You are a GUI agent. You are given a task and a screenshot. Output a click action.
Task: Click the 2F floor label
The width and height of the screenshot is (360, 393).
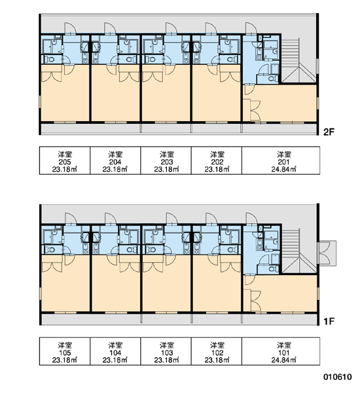(329, 132)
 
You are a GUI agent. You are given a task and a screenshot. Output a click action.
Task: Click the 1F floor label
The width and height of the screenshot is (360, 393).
(329, 321)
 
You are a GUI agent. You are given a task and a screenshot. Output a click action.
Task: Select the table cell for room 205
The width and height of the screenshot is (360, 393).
(65, 160)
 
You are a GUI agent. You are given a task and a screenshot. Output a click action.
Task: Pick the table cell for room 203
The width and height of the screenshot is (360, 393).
(166, 160)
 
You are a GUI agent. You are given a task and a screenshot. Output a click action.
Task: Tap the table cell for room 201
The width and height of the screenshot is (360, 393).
(281, 160)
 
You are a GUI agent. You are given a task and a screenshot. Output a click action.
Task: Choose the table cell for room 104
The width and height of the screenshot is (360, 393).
(115, 351)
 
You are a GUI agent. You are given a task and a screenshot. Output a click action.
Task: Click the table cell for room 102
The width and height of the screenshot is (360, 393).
(217, 351)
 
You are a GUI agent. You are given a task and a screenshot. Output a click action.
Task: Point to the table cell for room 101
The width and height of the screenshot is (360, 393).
(281, 351)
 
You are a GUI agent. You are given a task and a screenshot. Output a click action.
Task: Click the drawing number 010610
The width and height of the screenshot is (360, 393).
(338, 377)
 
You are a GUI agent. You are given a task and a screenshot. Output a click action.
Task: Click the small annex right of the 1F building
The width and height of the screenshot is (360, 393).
(327, 252)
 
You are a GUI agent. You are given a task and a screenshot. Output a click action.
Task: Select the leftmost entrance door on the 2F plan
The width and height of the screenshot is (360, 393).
(70, 28)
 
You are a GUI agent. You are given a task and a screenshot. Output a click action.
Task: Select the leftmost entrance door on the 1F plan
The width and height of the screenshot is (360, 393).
(70, 219)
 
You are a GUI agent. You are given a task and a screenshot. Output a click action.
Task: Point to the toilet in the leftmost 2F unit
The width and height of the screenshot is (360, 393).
(50, 60)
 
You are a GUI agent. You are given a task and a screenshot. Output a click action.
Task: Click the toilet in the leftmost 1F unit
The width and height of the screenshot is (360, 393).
(50, 250)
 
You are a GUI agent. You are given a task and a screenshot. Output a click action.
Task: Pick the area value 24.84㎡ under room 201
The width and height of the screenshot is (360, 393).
(284, 169)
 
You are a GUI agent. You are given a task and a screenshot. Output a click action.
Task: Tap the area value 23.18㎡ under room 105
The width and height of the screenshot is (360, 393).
(65, 360)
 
